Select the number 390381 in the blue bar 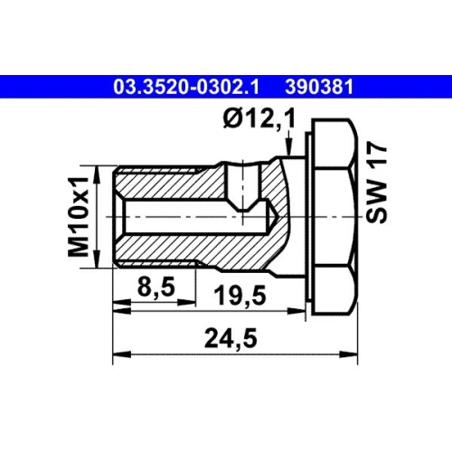[x=317, y=88]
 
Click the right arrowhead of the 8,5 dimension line [x=193, y=307]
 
